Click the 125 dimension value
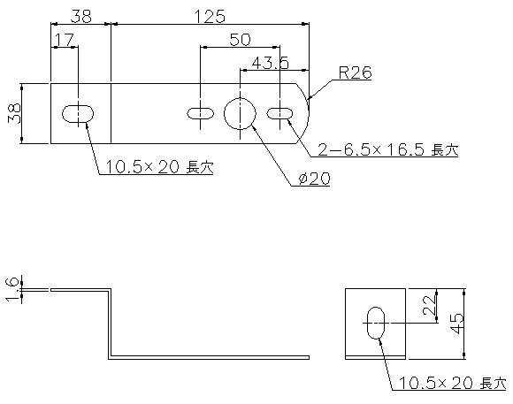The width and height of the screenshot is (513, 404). coord(210,17)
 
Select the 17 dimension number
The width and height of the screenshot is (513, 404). coord(64,40)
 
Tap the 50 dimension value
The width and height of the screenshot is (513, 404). coord(240,40)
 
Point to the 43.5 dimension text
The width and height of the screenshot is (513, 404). coord(271,63)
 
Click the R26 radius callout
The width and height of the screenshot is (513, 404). coord(355,72)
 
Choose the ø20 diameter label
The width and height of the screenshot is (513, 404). coord(314,179)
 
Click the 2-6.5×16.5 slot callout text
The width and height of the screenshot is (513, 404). coord(388,149)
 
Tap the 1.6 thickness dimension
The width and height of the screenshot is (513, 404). coord(13,290)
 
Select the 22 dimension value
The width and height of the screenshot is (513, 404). coord(429,306)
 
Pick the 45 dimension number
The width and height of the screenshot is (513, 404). coord(457,324)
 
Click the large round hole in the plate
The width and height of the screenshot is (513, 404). coord(240,113)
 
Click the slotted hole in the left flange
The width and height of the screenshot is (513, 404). coord(78,114)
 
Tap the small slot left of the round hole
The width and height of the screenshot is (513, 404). coord(200,113)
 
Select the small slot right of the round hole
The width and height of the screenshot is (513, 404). coord(279,113)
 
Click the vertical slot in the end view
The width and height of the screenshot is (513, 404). coord(376,323)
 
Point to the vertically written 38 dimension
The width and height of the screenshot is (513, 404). coord(14,113)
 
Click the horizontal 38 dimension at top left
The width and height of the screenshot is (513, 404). coord(80,17)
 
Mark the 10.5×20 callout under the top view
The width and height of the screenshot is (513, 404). coord(159,167)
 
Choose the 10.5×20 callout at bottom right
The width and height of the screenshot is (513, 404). coord(453,383)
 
